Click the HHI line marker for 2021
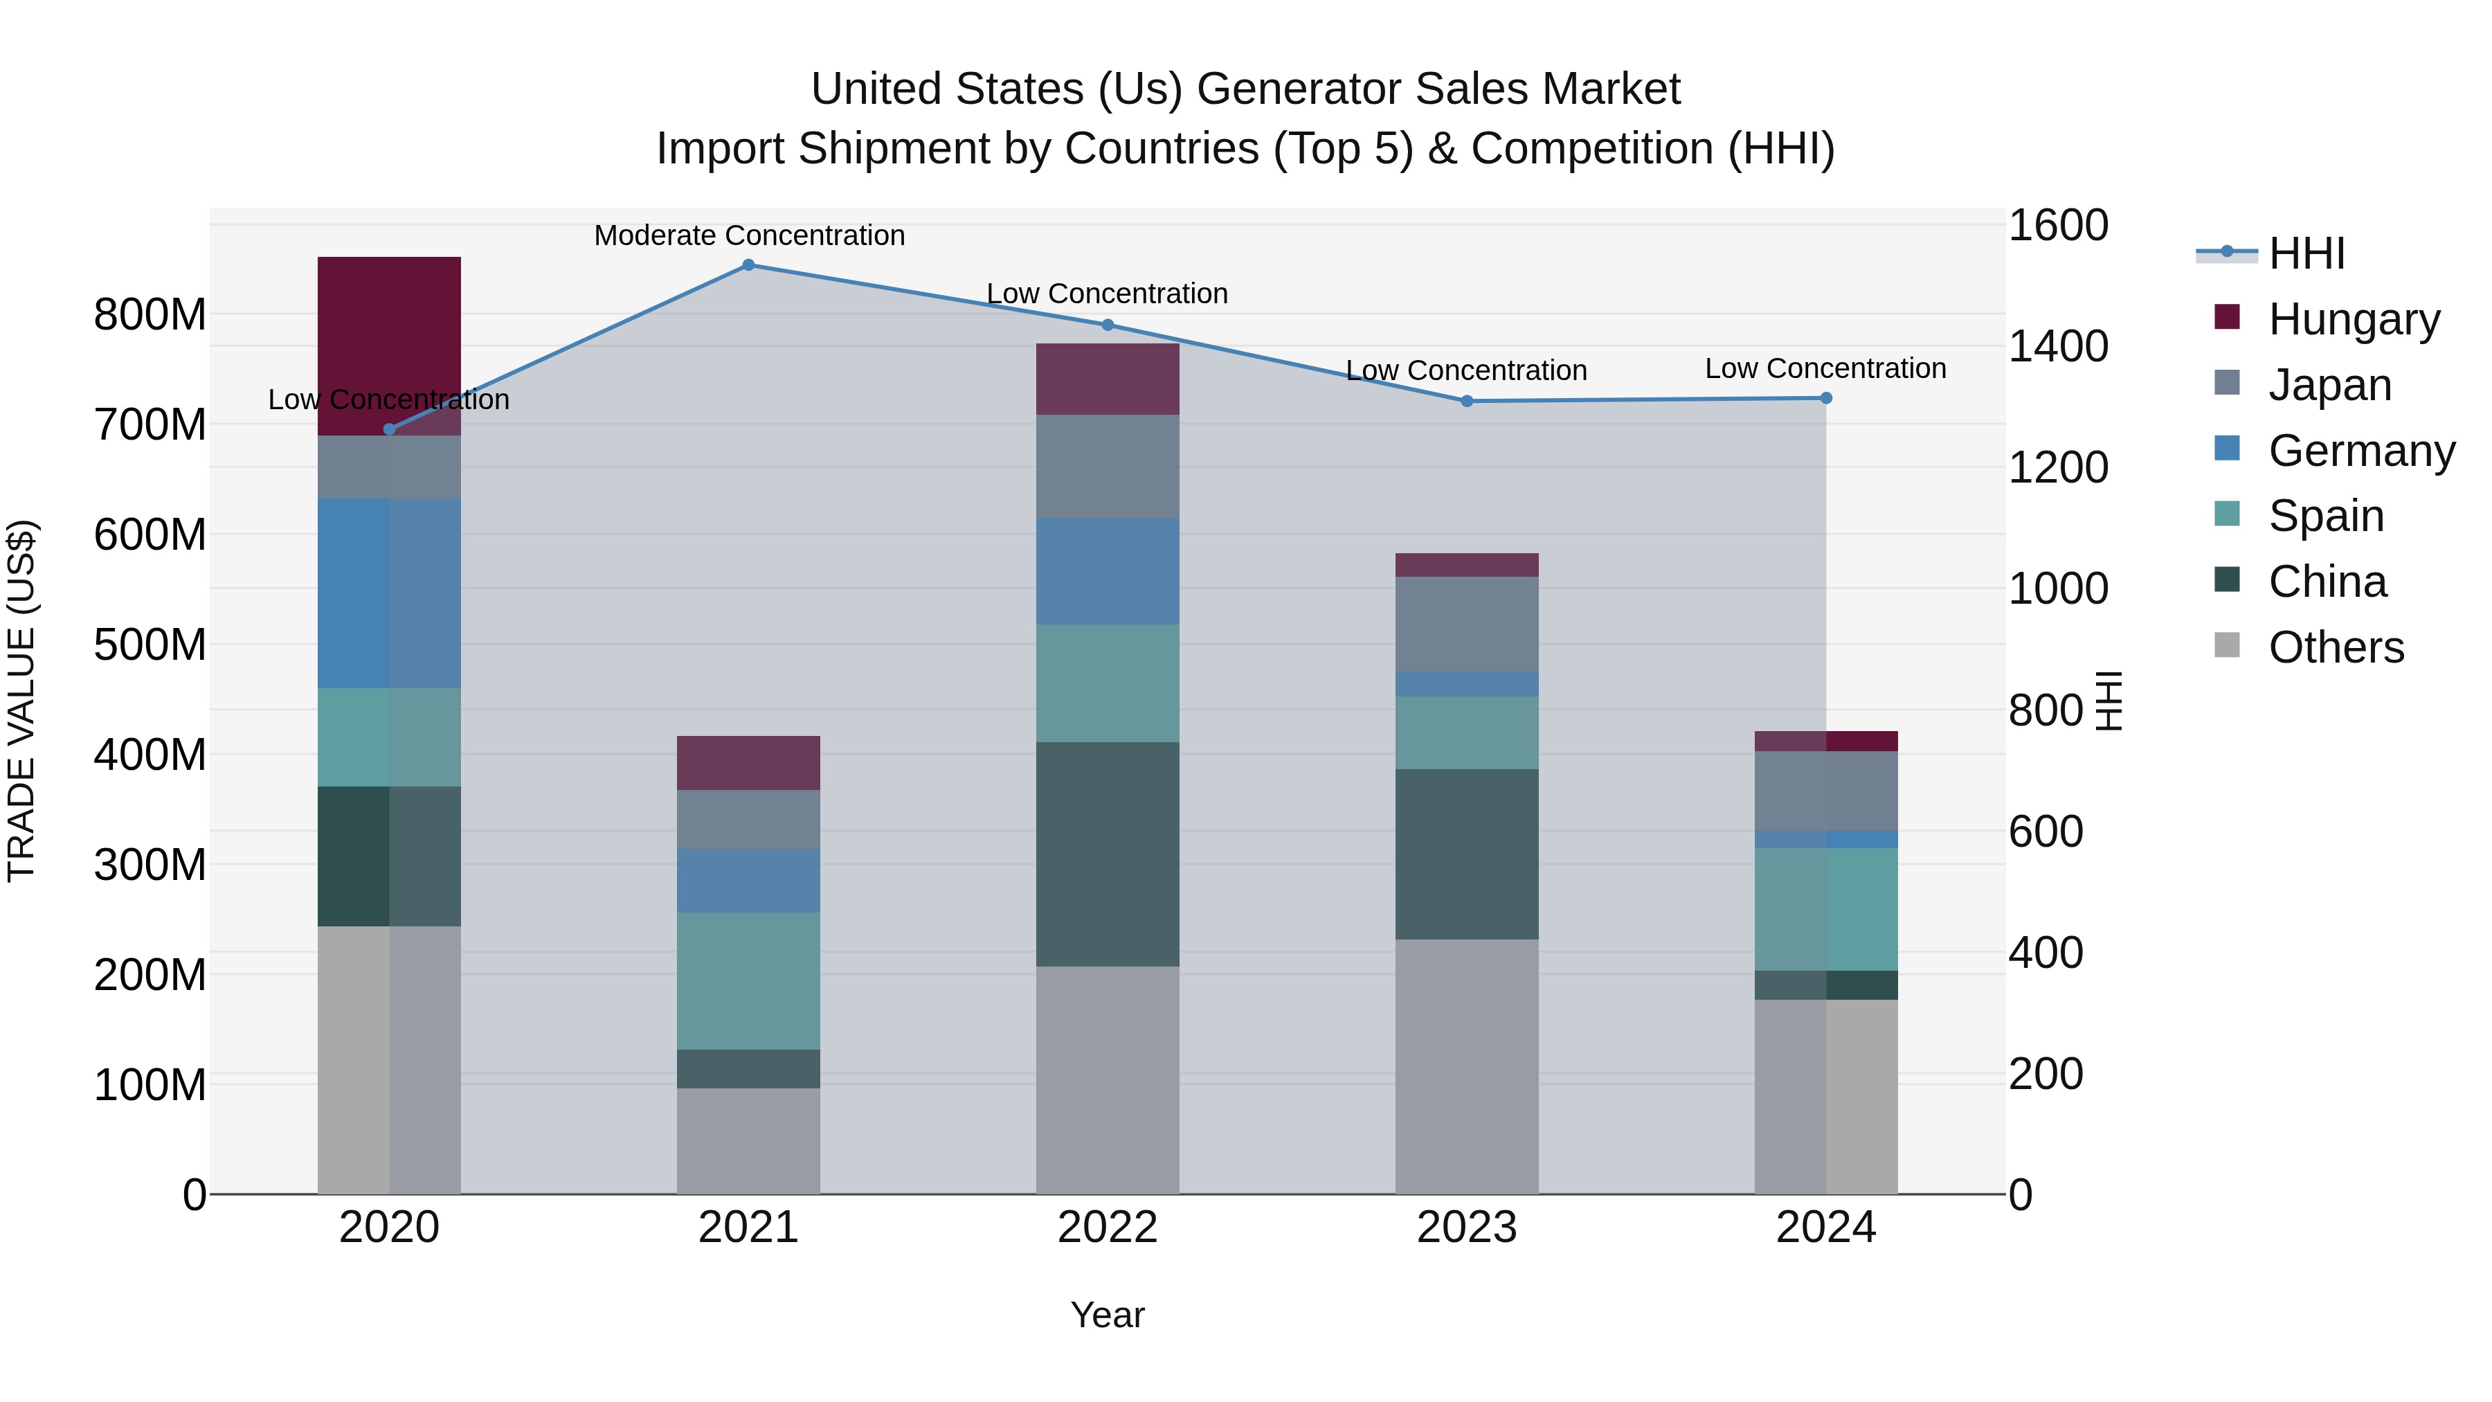pyautogui.click(x=748, y=265)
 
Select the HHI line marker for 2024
pyautogui.click(x=1825, y=397)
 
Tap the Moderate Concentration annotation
pyautogui.click(x=749, y=235)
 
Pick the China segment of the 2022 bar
pyautogui.click(x=1108, y=854)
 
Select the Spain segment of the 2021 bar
pyautogui.click(x=748, y=980)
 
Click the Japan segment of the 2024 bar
pyautogui.click(x=1825, y=791)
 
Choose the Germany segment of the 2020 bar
pyautogui.click(x=389, y=593)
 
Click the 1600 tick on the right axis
pyautogui.click(x=2058, y=226)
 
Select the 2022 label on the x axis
pyautogui.click(x=1108, y=1228)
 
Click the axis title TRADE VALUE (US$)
pyautogui.click(x=21, y=701)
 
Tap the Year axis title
pyautogui.click(x=1107, y=1315)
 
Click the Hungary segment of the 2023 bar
pyautogui.click(x=1467, y=565)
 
